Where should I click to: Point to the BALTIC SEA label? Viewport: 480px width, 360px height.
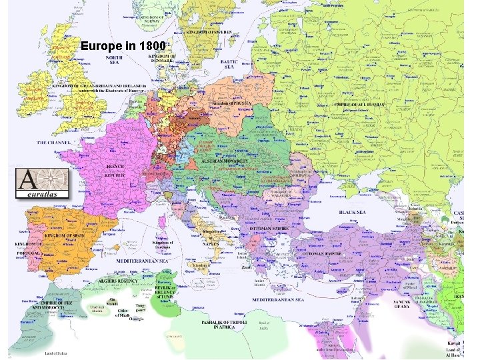[229, 64]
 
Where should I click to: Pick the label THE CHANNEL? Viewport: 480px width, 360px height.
[54, 143]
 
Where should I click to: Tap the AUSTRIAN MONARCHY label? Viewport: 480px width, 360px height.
[225, 161]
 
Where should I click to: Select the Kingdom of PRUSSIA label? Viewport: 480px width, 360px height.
[233, 103]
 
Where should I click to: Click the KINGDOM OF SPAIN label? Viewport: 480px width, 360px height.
[65, 236]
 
